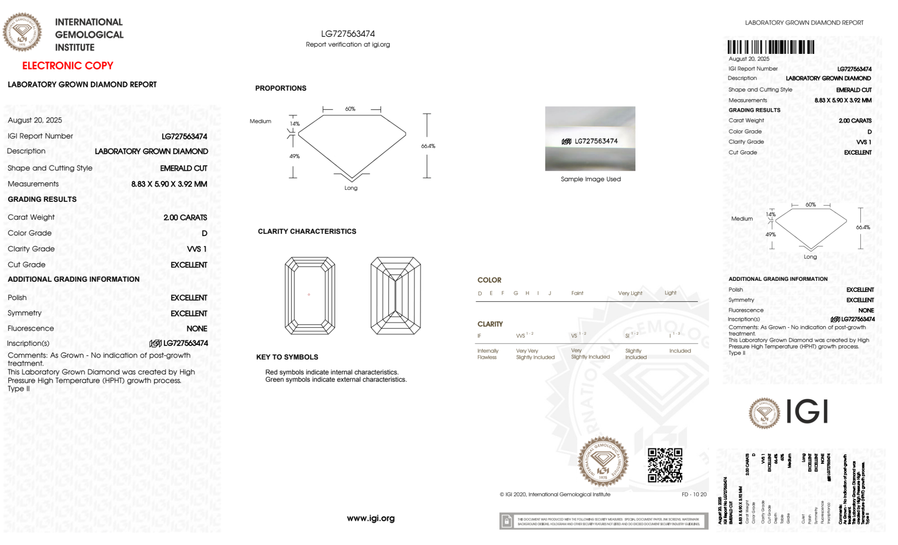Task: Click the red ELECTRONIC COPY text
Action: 68,65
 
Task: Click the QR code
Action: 665,465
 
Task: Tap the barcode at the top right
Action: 771,47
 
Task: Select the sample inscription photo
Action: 590,139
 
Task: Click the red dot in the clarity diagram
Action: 309,295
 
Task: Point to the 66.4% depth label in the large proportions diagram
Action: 428,146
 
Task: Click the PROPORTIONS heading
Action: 280,88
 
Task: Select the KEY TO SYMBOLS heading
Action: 287,357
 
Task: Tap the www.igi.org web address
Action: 371,518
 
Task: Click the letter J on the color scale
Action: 550,293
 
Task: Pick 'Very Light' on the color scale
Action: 630,293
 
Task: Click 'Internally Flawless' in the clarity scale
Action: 487,354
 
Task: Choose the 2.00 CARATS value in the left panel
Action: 185,218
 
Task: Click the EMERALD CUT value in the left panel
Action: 184,168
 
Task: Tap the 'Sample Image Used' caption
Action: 591,179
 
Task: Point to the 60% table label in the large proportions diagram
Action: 350,109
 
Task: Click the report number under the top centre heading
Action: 348,34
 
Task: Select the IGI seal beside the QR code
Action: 603,462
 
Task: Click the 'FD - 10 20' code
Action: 694,494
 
